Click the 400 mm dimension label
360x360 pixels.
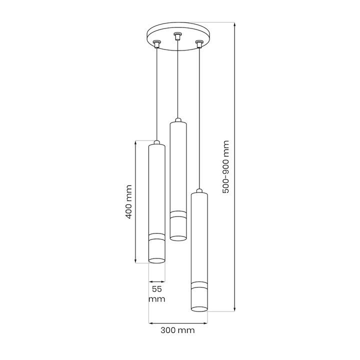click(129, 202)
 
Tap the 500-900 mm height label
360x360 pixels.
click(226, 167)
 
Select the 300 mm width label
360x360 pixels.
click(177, 330)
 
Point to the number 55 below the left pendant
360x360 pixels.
click(157, 289)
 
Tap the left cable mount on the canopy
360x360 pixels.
click(157, 43)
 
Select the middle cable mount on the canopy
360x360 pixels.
click(177, 36)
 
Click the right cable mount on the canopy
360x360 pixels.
click(199, 44)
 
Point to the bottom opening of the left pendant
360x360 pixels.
click(157, 260)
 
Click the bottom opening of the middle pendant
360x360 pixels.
click(178, 238)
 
